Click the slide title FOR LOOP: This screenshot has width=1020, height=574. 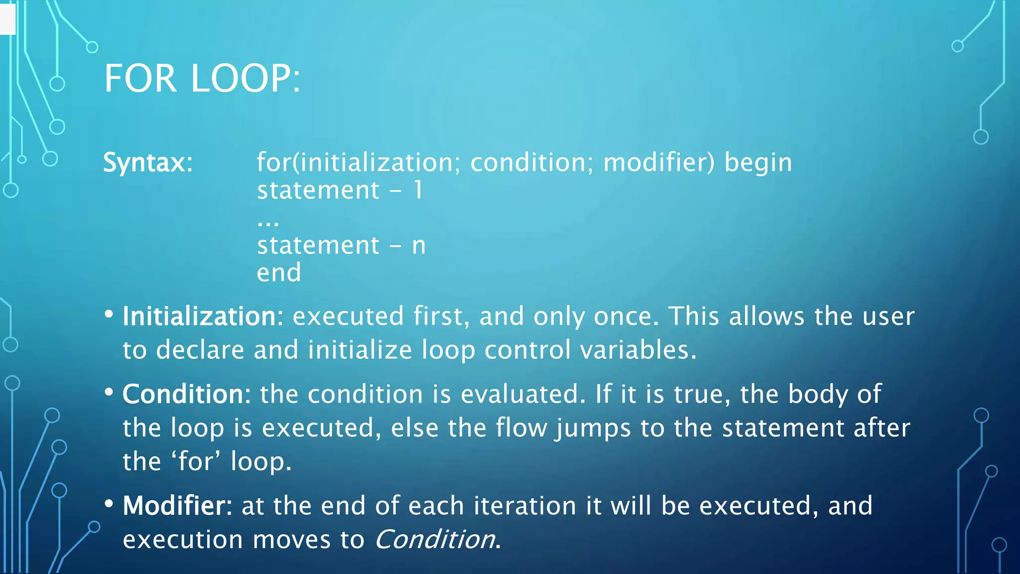(202, 79)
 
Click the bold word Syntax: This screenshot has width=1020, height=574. (148, 162)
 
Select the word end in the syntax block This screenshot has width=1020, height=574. (279, 273)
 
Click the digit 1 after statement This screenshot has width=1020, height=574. (418, 190)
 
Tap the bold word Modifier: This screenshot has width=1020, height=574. (177, 506)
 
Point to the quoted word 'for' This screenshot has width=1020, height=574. (196, 461)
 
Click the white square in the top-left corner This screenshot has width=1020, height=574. (7, 18)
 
